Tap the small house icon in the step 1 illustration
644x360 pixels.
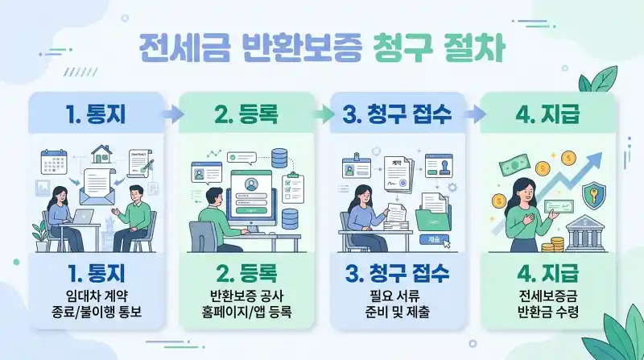[101, 152]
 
